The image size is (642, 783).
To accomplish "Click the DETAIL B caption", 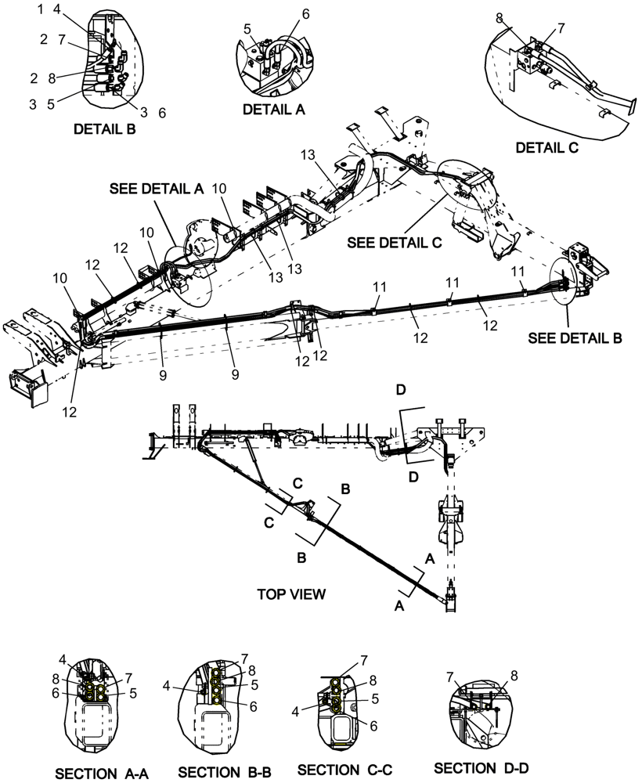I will click(x=104, y=129).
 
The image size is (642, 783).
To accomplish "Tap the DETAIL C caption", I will click(x=546, y=146).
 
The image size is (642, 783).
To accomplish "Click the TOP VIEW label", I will click(x=291, y=594).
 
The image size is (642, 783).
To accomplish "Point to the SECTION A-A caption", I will click(x=101, y=774).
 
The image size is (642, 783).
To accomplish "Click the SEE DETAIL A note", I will click(x=156, y=189).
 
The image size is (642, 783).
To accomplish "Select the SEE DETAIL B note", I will click(x=575, y=338).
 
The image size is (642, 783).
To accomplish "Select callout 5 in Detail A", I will click(x=247, y=29).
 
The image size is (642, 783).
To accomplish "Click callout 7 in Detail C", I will click(x=561, y=29).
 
